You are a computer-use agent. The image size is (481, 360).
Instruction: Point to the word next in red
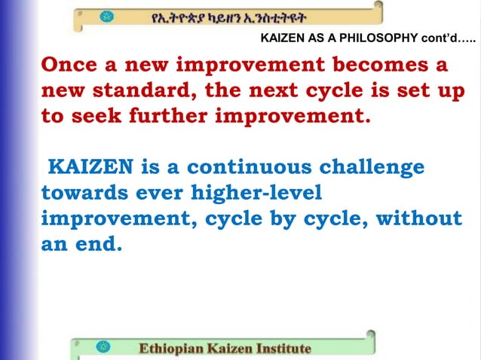coord(290,91)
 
